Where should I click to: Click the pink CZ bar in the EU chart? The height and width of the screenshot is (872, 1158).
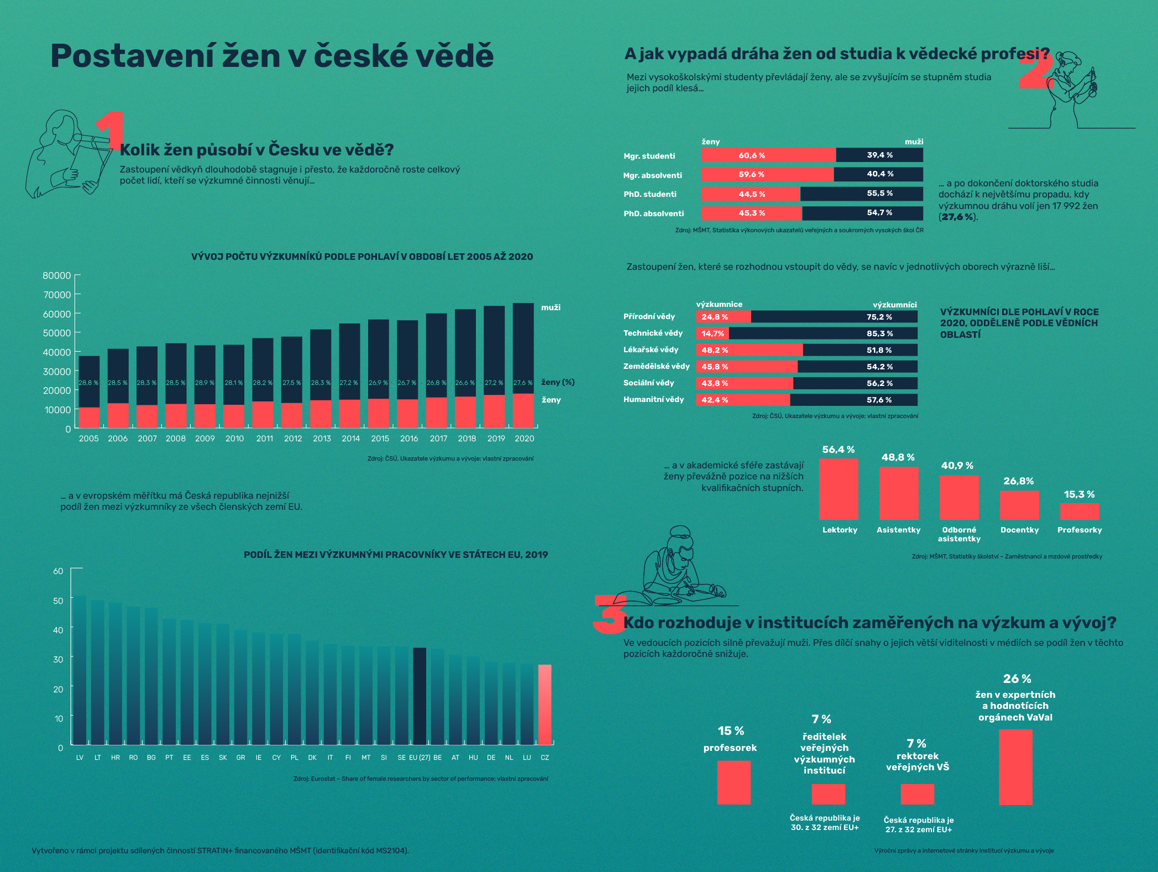coord(544,704)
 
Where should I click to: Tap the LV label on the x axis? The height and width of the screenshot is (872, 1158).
coord(80,758)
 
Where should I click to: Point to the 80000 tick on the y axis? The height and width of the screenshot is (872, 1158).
coord(57,275)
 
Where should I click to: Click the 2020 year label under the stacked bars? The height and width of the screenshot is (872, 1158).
coord(524,438)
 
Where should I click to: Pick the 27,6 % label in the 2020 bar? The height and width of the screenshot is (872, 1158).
coord(523,383)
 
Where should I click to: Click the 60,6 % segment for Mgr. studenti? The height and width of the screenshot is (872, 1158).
coord(768,155)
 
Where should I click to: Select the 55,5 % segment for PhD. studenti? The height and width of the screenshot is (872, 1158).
coord(861,194)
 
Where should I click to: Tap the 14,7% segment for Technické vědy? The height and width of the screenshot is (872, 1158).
coord(712,333)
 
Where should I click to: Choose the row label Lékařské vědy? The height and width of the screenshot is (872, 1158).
coord(651,349)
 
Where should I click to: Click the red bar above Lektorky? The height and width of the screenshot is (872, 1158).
coord(839,489)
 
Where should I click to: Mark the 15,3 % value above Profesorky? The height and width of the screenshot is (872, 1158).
coord(1079,494)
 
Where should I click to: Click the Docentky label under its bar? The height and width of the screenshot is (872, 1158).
coord(1019,530)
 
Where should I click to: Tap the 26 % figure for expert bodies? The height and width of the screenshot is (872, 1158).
coord(1016,678)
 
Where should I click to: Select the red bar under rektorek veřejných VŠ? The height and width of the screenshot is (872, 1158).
coord(917,794)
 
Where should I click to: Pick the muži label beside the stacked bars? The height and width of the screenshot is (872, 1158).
coord(551,307)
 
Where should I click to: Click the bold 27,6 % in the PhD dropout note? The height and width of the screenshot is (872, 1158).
coord(957,217)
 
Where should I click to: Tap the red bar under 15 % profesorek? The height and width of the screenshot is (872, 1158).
coord(733,782)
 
